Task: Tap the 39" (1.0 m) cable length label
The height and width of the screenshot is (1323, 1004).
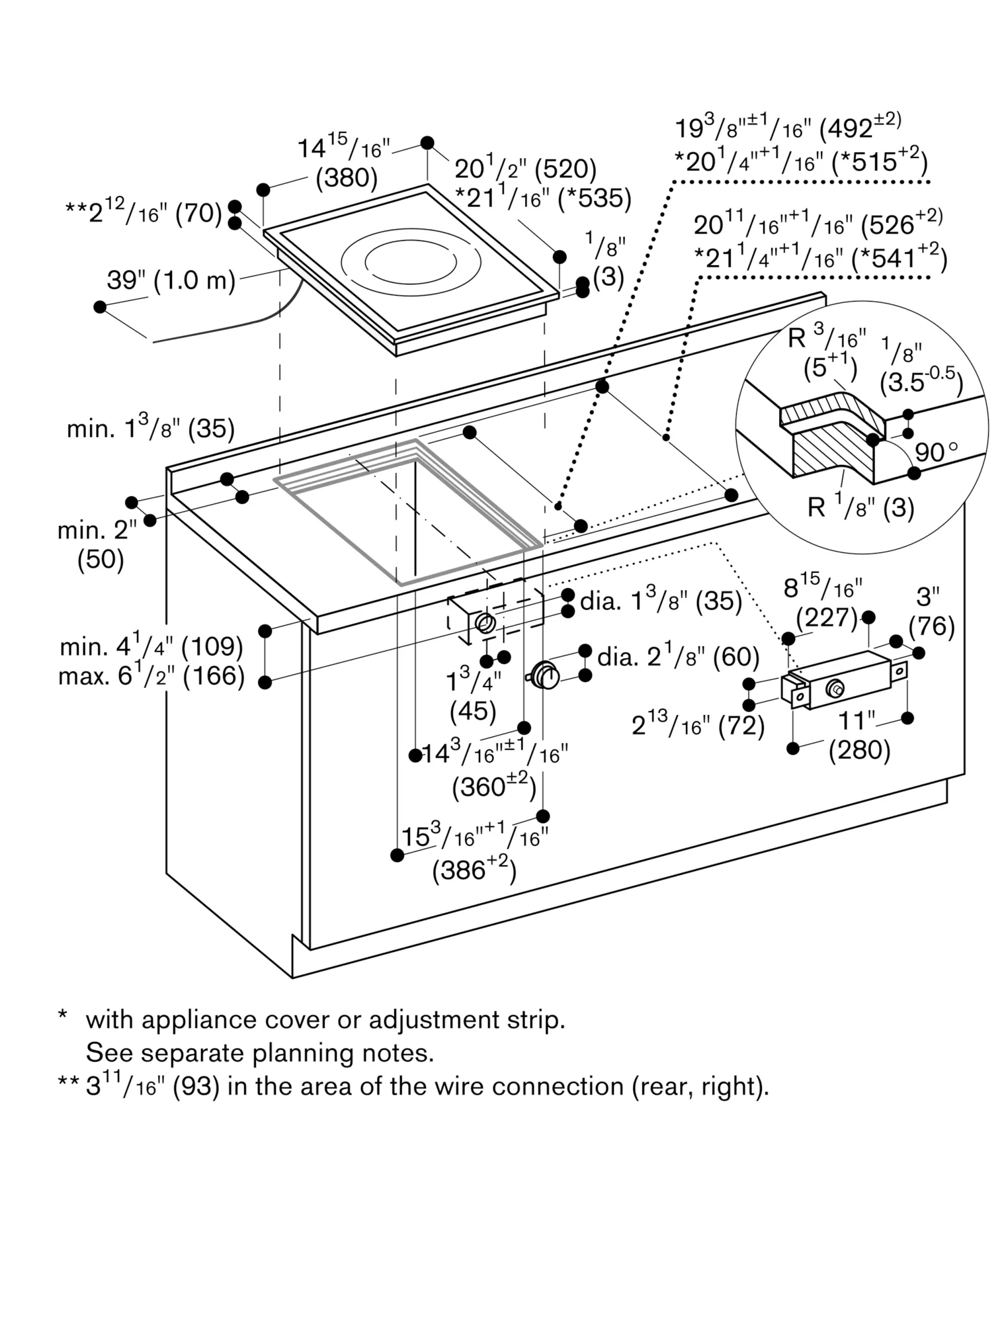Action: point(171,280)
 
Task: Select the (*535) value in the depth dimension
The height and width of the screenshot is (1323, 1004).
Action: point(595,198)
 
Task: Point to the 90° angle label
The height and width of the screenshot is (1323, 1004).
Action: point(936,452)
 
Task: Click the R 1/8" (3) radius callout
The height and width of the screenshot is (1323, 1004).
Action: point(861,507)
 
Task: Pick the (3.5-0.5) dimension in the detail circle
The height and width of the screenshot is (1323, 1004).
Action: point(921,382)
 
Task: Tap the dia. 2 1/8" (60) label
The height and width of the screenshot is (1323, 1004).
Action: point(678,656)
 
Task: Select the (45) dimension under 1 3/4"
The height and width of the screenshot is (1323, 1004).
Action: point(473,711)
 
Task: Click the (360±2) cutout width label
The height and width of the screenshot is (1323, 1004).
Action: point(493,786)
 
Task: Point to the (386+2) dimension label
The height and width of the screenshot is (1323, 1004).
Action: point(474,869)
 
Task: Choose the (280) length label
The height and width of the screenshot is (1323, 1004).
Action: point(860,749)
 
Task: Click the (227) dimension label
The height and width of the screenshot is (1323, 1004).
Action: point(827,618)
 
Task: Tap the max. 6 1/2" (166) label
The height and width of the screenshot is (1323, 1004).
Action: point(151,676)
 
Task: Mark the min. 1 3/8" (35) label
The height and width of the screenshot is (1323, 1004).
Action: point(151,429)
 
